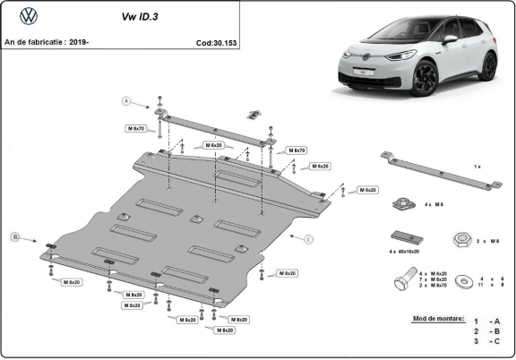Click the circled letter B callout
tap(14, 236)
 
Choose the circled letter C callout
tap(307, 239)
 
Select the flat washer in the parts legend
tap(465, 280)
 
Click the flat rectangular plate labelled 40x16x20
tap(403, 239)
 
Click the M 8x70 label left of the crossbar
tap(135, 129)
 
